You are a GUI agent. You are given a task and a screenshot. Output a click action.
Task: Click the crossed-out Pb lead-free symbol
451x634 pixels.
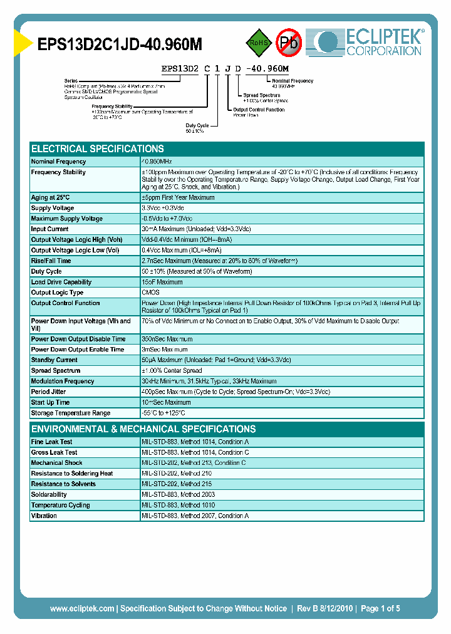(289, 43)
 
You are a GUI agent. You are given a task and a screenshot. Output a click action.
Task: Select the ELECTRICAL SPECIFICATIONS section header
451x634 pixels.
(98, 149)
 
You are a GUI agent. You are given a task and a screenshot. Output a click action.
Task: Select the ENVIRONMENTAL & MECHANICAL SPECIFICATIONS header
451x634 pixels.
(143, 429)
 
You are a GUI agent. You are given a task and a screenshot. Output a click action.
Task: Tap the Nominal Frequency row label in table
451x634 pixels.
(58, 162)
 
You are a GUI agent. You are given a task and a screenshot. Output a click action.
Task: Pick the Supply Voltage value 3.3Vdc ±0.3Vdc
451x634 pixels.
(163, 208)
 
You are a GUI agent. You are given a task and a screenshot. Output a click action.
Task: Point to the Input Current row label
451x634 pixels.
(50, 229)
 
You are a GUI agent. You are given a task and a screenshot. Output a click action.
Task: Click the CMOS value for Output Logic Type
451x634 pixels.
(151, 293)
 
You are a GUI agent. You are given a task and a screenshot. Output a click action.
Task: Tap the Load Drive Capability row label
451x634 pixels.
(61, 282)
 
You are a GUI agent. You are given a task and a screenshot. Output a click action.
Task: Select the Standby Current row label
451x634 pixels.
(54, 360)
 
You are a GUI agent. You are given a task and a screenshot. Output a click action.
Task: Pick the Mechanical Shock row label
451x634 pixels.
(56, 463)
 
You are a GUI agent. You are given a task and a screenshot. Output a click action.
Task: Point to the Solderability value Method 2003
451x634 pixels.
(179, 494)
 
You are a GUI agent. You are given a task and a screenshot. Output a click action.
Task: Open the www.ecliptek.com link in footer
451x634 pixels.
(82, 608)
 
